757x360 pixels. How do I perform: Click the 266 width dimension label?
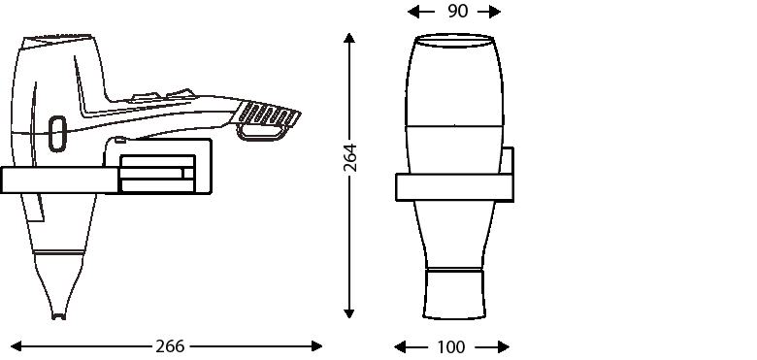[x=170, y=346]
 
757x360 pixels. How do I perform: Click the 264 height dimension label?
[x=350, y=157]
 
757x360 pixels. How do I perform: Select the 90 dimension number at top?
[x=458, y=11]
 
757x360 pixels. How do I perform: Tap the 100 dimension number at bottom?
[x=451, y=347]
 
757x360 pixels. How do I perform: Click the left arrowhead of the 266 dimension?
[x=16, y=346]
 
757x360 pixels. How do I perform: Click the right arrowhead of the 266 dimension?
[x=316, y=346]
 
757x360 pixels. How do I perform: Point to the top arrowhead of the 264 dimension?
[x=349, y=38]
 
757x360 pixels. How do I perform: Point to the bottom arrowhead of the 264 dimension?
[x=349, y=312]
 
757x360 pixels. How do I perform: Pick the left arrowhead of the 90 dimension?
[x=413, y=12]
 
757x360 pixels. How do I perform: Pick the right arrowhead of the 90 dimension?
[x=495, y=12]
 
